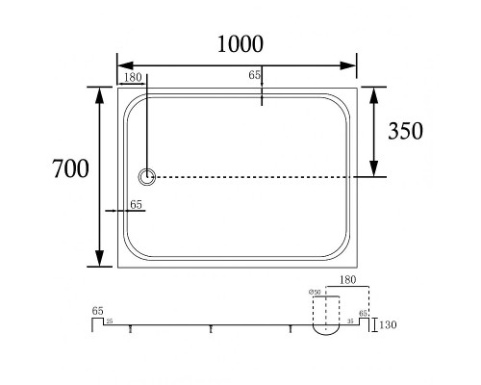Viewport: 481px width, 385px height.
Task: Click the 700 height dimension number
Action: click(69, 168)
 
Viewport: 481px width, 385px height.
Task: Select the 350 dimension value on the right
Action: click(404, 131)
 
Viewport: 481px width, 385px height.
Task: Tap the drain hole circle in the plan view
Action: click(147, 176)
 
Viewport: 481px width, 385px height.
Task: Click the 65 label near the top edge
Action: click(255, 75)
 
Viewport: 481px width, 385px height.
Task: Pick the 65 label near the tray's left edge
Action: click(136, 204)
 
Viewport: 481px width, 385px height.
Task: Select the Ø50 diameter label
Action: click(314, 293)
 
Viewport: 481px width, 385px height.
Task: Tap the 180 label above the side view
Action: click(350, 278)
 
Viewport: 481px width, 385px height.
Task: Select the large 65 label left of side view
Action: click(97, 311)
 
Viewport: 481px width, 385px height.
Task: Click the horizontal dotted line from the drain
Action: click(260, 177)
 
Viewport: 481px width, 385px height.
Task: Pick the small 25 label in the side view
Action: click(110, 321)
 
